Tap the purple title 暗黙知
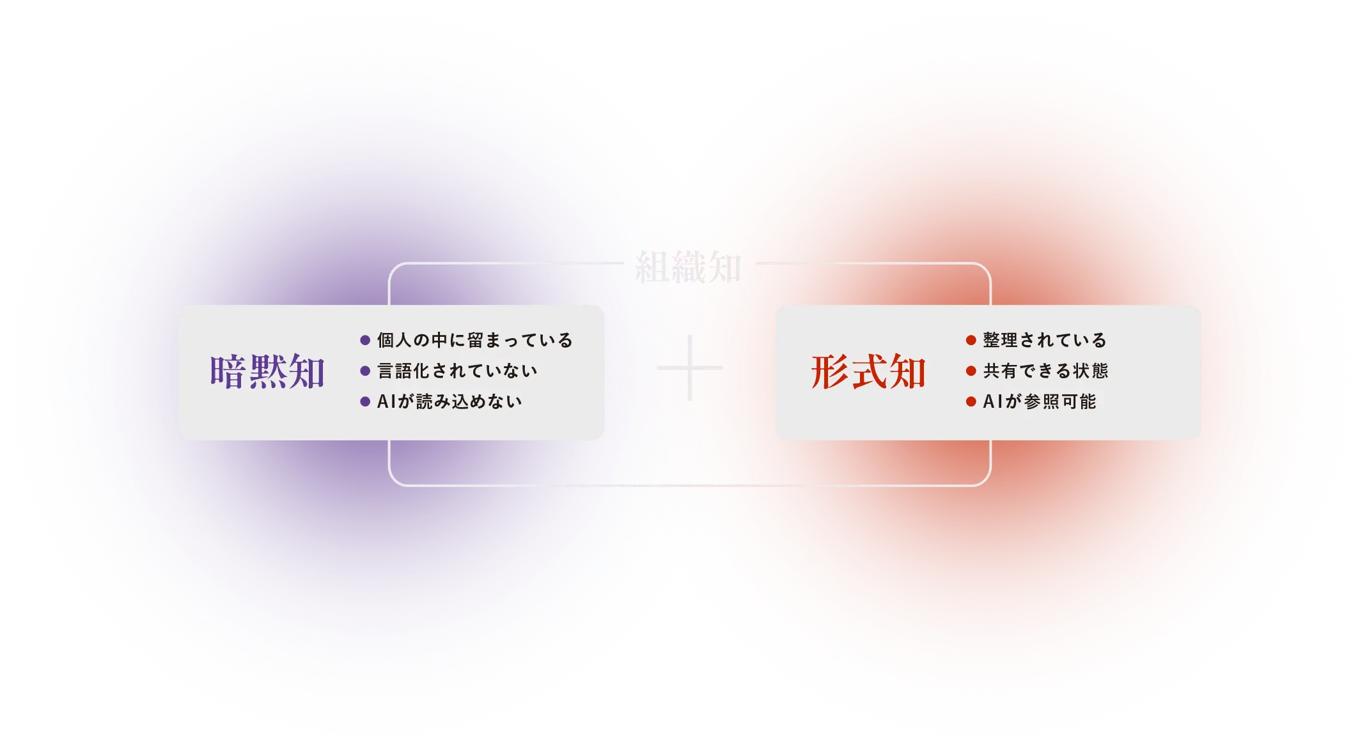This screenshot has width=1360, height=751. point(267,372)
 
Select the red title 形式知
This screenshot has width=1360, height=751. point(868,372)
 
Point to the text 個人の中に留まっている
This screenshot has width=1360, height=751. point(474,340)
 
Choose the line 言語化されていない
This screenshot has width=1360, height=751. point(457,371)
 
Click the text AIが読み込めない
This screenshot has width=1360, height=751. point(449,401)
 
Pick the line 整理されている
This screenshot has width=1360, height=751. point(1044,340)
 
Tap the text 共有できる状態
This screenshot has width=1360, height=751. point(1045,371)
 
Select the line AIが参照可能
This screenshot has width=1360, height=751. point(1040,401)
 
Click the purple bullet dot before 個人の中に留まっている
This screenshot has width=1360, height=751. point(365,340)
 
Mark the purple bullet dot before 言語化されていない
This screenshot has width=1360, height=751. point(365,371)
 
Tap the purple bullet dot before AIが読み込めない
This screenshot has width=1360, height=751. point(365,401)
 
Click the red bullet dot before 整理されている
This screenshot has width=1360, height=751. point(971,340)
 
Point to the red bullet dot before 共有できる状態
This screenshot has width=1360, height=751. point(971,371)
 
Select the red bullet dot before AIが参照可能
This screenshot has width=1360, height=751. point(971,401)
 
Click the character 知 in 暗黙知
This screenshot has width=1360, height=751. point(306,372)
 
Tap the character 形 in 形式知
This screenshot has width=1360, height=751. point(830,372)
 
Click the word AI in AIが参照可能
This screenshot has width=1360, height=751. point(992,401)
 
